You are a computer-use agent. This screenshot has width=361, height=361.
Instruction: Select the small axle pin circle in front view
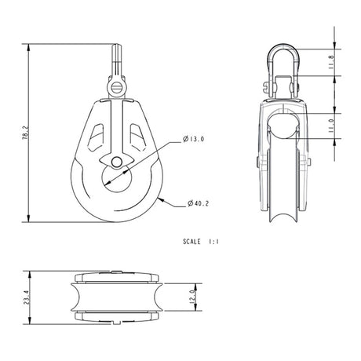click(x=117, y=162)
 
